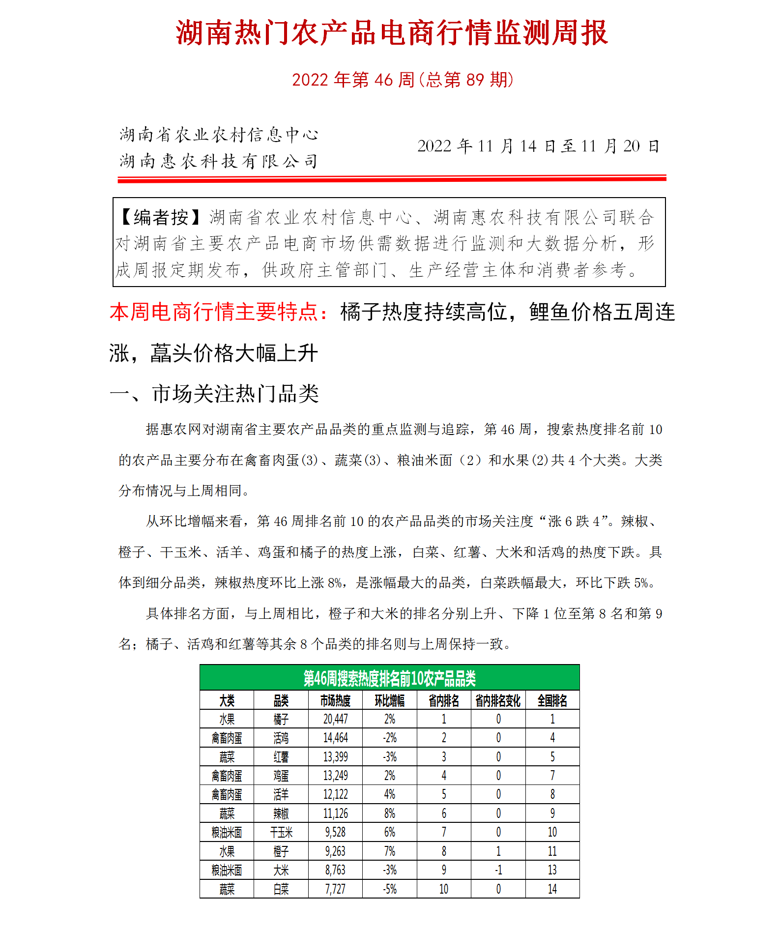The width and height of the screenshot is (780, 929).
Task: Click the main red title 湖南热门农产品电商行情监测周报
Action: pos(392,33)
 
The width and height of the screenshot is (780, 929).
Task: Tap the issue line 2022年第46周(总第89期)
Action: pos(403,80)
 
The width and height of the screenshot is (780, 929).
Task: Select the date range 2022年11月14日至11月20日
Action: pos(538,146)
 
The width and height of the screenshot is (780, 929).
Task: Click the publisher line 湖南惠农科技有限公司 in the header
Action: pos(219,161)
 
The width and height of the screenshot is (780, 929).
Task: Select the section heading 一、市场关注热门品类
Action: pos(214,394)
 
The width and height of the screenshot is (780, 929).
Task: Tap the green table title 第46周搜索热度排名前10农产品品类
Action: pos(389,678)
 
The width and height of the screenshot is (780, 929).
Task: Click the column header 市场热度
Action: pos(335,700)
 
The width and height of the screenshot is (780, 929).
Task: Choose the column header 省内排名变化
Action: pos(498,700)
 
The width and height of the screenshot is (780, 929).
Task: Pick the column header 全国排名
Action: pos(552,700)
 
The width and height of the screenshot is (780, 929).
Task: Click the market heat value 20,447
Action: pos(335,719)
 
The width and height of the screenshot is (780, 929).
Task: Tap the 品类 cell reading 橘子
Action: pos(281,719)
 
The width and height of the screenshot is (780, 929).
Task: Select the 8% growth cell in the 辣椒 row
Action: pos(389,813)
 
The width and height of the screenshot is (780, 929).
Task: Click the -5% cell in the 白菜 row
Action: pos(389,889)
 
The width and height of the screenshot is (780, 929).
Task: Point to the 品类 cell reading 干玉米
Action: pos(281,832)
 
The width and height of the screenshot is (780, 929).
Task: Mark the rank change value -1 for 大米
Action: pos(498,870)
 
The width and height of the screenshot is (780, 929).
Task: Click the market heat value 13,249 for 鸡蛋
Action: pos(335,776)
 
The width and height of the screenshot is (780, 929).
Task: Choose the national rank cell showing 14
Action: pos(552,889)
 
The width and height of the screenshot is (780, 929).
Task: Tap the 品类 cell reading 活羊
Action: pos(281,794)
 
